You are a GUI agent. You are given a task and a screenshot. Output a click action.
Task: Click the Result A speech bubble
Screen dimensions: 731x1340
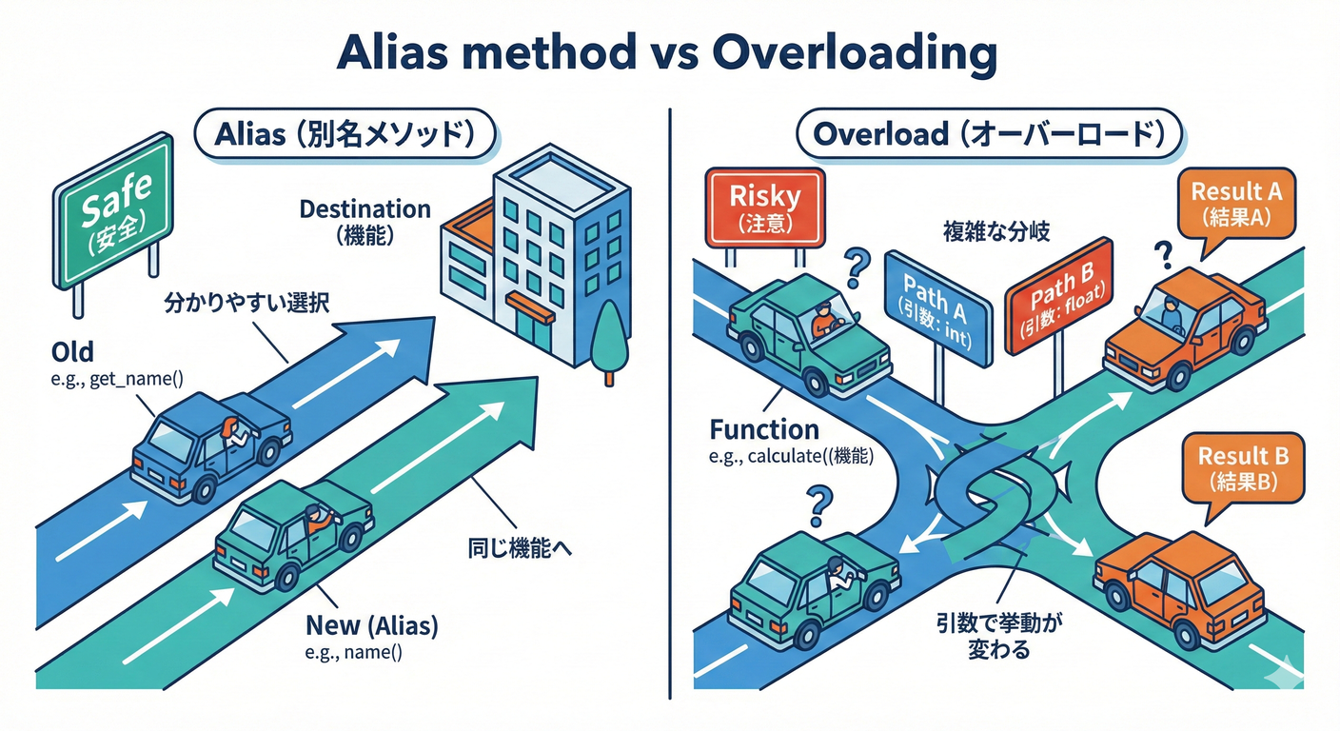coord(1235,204)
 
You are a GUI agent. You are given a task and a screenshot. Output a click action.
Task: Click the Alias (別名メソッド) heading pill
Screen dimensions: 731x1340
coord(344,134)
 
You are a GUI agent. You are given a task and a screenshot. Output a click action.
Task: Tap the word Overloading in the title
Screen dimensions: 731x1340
coord(855,56)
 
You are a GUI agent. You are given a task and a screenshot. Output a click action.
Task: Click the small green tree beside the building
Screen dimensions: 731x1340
coord(608,344)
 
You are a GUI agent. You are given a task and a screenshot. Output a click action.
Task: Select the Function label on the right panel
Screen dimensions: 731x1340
coord(764,429)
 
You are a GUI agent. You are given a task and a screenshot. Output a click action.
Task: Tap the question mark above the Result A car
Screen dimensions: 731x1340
coord(1161,254)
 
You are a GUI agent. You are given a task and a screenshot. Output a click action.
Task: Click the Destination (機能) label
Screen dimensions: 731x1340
coord(365,221)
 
